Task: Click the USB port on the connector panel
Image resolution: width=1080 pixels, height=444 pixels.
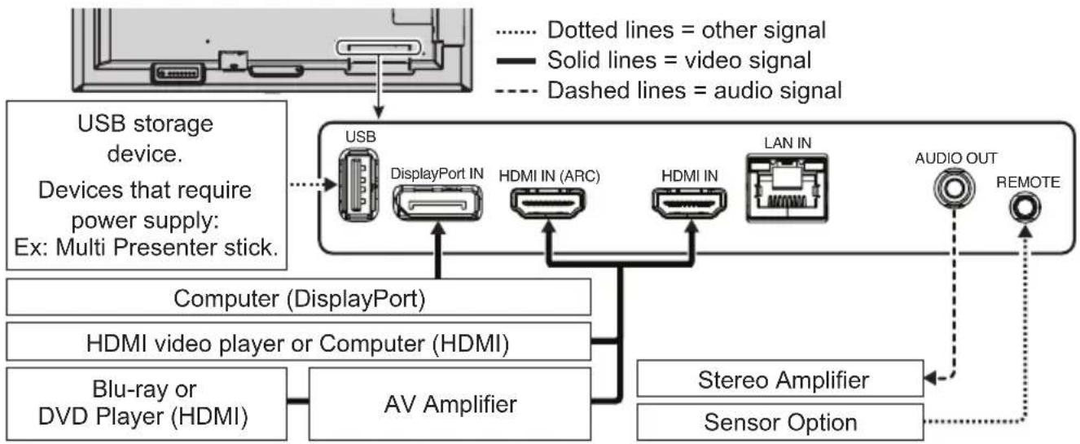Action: [358, 186]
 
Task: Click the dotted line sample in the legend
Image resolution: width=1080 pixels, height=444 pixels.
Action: [514, 31]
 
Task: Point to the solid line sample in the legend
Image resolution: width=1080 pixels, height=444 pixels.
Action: [514, 60]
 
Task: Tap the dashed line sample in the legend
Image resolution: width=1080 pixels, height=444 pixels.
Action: [514, 90]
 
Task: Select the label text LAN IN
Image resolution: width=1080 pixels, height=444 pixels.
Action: [786, 143]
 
